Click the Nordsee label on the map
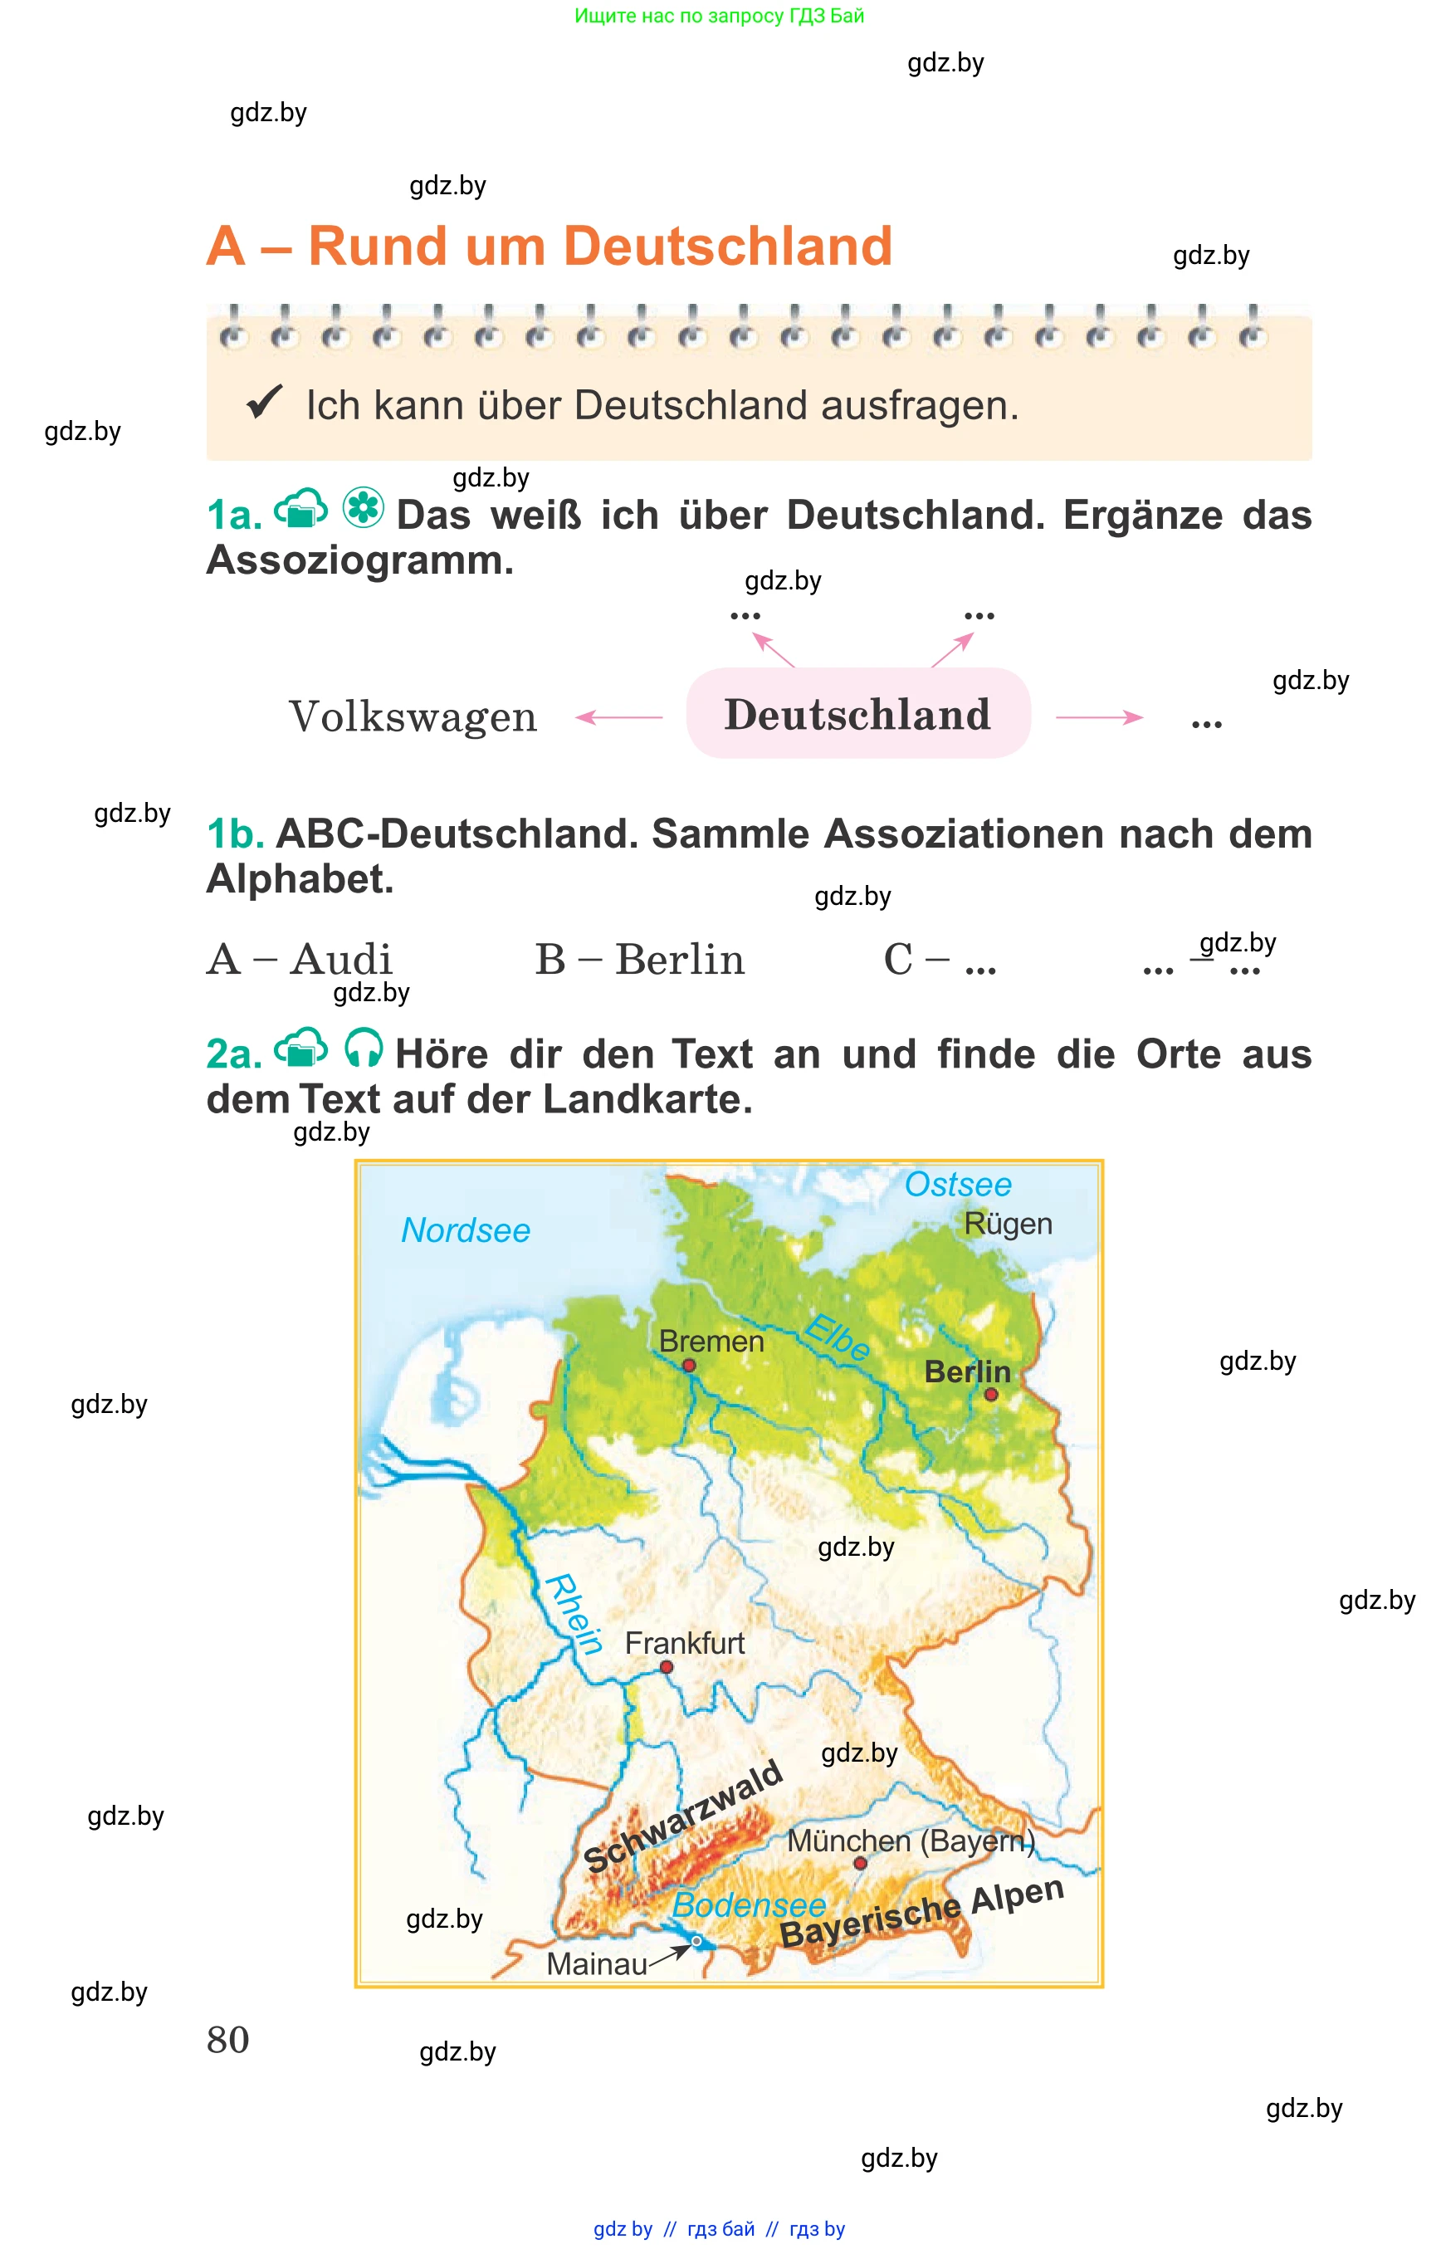tap(465, 1230)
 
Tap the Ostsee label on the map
tap(957, 1184)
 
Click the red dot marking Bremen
tap(689, 1366)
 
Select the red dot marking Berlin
tap(991, 1395)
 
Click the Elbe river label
tap(838, 1337)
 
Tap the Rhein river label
tap(573, 1614)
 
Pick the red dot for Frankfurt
tap(667, 1667)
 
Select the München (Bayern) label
tap(911, 1840)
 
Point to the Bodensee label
tap(749, 1904)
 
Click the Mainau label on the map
tap(596, 1963)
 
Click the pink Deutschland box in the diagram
tap(858, 714)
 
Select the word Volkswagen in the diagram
tap(413, 717)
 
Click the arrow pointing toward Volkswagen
tap(618, 717)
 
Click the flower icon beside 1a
tap(363, 508)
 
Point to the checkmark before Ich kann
tap(264, 403)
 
